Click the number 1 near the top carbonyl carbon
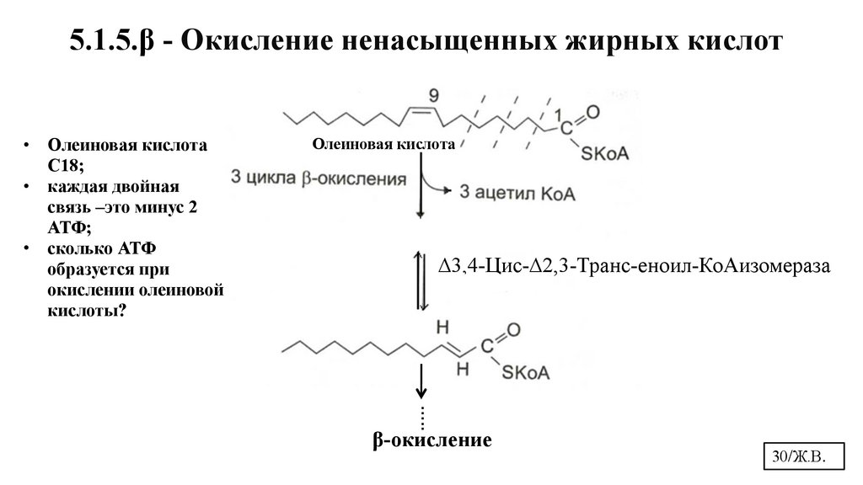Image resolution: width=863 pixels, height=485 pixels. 556,115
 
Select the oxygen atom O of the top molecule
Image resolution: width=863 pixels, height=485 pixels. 592,111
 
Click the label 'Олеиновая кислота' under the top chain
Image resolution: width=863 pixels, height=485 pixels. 383,145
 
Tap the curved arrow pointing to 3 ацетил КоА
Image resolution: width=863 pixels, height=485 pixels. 437,183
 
